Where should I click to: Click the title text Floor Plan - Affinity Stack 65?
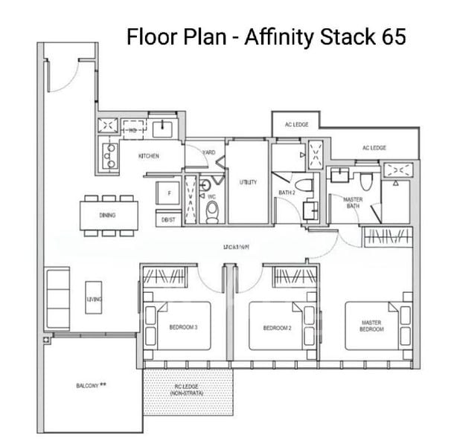tap(266, 36)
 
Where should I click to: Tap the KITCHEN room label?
tap(150, 157)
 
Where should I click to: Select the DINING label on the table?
tap(107, 216)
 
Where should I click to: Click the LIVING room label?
tap(94, 299)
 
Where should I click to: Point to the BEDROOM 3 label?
tap(184, 327)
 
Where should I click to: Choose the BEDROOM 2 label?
tap(275, 327)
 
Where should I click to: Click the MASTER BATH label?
tap(353, 203)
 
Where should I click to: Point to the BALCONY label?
tap(92, 386)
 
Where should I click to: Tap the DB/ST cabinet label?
tap(167, 220)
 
